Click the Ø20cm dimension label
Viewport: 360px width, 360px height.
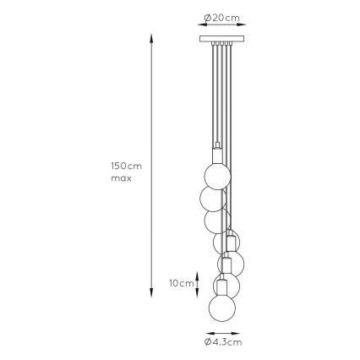point(222,18)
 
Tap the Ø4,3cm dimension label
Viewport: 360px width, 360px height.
point(223,341)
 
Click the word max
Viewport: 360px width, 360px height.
point(121,178)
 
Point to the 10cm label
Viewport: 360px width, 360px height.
point(180,283)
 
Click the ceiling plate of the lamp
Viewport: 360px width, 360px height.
point(222,38)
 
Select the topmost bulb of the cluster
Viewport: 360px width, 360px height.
point(216,175)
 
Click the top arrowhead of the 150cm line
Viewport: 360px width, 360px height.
point(151,38)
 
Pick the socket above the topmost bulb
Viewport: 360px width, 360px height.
point(216,155)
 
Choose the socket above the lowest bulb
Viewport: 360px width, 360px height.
point(223,286)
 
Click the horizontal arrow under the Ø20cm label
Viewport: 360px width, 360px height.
point(222,26)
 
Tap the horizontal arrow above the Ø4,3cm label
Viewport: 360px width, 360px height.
point(223,333)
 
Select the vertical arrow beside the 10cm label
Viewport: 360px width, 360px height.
point(198,283)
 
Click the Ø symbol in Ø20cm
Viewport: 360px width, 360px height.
point(208,18)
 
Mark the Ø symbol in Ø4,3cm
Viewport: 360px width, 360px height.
point(208,341)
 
